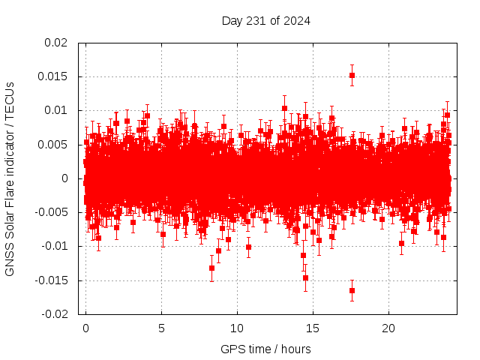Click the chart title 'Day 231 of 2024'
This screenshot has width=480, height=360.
coord(265,20)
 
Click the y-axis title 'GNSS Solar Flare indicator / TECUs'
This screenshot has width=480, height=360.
coord(10,178)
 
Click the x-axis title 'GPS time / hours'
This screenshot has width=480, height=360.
coord(265,349)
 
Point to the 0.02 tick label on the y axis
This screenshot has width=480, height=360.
coord(55,43)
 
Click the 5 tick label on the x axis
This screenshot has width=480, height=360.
coord(161,328)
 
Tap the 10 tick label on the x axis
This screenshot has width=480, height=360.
coord(237,328)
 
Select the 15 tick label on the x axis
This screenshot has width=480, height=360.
coord(313,328)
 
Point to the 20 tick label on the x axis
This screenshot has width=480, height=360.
coord(388,328)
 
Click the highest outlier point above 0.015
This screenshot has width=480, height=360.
coord(352,75)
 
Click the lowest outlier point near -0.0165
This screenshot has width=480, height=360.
coord(352,290)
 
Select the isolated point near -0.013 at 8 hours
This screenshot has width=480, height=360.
coord(211,268)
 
